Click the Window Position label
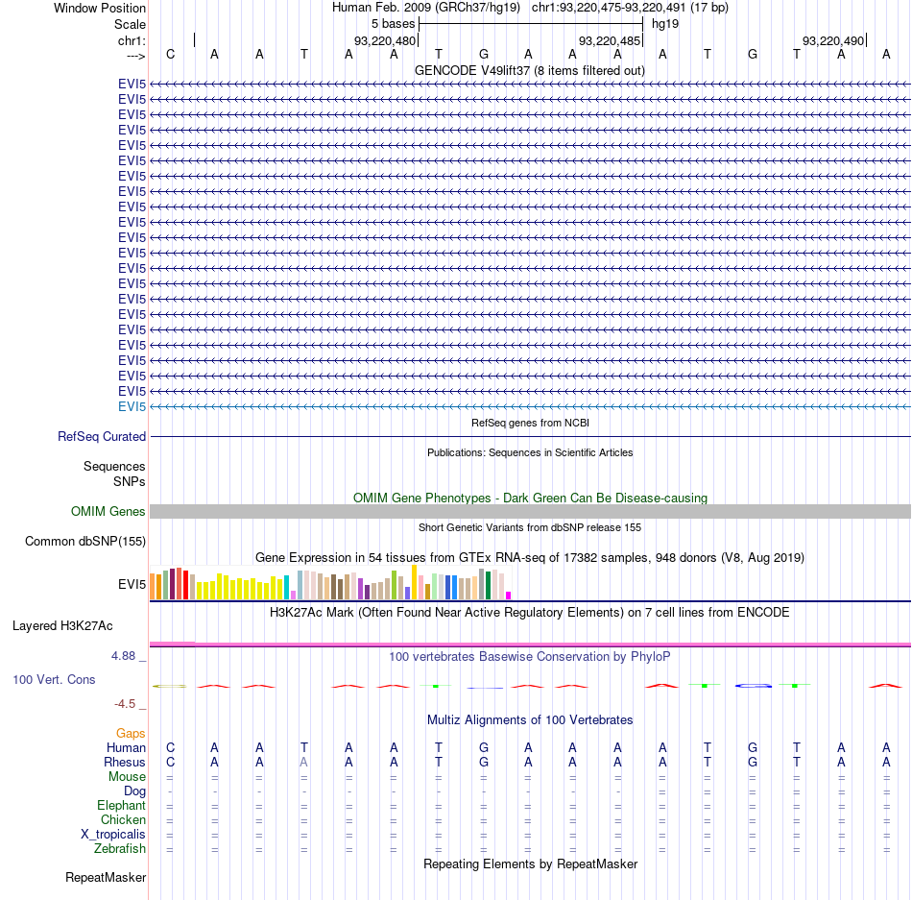[x=100, y=8]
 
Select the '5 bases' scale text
[x=394, y=24]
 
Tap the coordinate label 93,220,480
[x=385, y=40]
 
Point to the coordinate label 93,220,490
[x=833, y=40]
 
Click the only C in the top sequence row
[x=171, y=54]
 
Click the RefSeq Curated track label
[x=102, y=436]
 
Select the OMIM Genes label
[x=108, y=511]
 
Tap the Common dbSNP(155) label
[x=85, y=541]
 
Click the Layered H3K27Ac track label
[x=62, y=626]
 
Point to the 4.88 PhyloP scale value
[x=123, y=656]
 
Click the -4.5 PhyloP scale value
[x=125, y=704]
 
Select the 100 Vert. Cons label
[x=54, y=679]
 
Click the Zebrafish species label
[x=120, y=849]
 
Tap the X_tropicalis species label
[x=113, y=835]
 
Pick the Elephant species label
[x=122, y=805]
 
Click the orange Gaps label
[x=131, y=733]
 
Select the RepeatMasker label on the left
[x=106, y=877]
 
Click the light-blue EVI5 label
[x=132, y=406]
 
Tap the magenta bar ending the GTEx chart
[x=509, y=596]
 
